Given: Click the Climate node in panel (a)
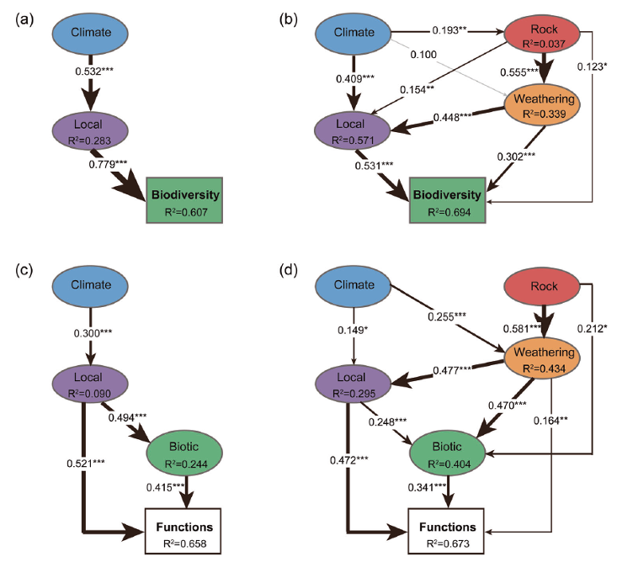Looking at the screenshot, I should tap(90, 34).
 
